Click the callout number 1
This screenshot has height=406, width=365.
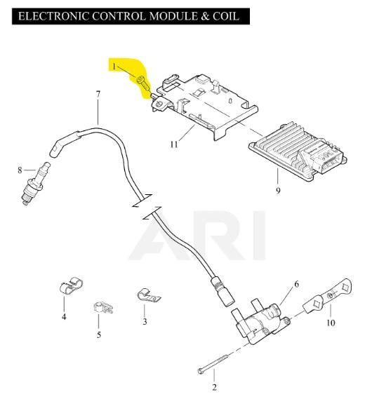(114, 67)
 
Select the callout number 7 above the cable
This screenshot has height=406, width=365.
(98, 94)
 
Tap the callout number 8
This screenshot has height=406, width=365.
(20, 170)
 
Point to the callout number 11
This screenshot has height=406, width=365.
(174, 144)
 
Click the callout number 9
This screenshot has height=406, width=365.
(278, 191)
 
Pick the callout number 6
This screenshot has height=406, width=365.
(296, 284)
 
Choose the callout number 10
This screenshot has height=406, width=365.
(331, 323)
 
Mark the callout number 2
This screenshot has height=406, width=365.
(214, 388)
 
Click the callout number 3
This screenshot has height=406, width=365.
(145, 322)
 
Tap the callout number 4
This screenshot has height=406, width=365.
(64, 316)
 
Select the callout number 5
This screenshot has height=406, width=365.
(99, 334)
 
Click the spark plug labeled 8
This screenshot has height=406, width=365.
(35, 183)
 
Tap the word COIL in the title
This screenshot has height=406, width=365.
(225, 16)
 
